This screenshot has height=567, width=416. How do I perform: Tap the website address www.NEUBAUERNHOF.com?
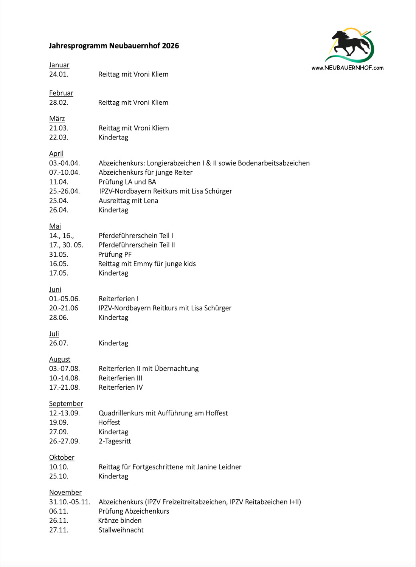coord(347,68)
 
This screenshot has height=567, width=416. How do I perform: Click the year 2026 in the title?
coord(170,46)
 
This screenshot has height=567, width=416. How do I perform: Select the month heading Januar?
coord(59,65)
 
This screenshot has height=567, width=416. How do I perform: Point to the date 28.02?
coord(59,102)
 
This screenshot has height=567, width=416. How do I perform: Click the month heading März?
coord(57,119)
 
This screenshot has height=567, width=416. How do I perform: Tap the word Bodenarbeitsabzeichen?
coord(273,163)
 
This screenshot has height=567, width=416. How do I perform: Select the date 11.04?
coord(59,182)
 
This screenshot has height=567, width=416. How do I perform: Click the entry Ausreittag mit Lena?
coord(128,201)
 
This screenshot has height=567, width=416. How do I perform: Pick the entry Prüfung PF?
coord(115,254)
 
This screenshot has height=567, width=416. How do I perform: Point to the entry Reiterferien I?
coord(118,299)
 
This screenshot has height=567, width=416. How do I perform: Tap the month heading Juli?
coord(54,334)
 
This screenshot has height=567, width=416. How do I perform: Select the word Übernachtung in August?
coord(176,369)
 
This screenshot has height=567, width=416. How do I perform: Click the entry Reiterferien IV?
coord(121,387)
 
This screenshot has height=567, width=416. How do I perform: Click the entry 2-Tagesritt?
coord(115,441)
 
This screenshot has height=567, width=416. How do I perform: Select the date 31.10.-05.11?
coord(70,502)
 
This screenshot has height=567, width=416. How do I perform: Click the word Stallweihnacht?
coord(121,530)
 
